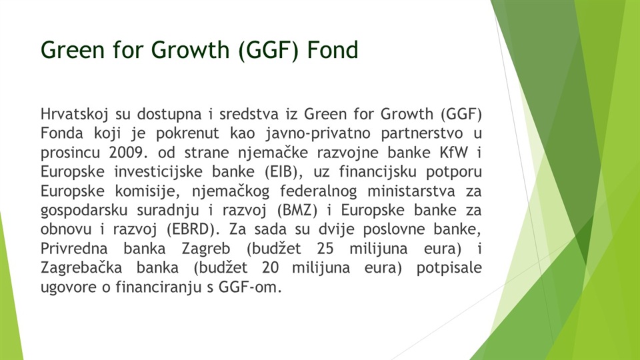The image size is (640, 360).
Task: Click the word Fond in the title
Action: tap(332, 50)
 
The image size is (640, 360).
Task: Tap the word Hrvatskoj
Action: tap(74, 114)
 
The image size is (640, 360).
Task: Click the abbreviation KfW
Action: tap(453, 153)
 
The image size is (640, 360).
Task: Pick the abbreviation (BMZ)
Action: tap(297, 210)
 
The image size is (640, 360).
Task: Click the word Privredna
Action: tap(74, 249)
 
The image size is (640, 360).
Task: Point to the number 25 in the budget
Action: tap(325, 249)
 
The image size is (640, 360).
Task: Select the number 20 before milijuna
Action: tap(271, 268)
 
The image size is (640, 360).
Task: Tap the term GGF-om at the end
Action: tap(250, 287)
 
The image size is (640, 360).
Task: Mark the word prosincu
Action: tap(70, 153)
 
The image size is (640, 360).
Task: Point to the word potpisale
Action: tap(449, 269)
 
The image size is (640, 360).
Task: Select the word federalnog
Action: tap(319, 191)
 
